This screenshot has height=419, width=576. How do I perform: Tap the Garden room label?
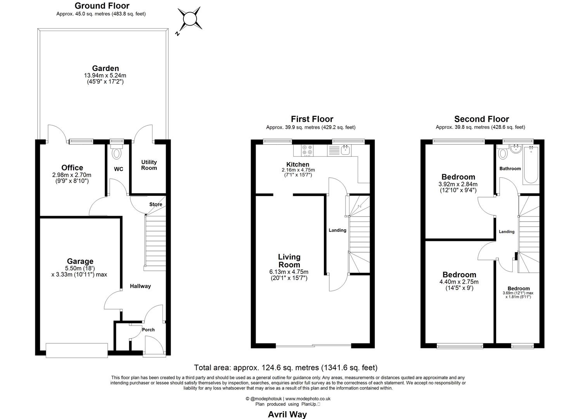(x=105, y=68)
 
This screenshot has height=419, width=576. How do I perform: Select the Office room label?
(x=72, y=168)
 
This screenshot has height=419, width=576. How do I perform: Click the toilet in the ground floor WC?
(x=116, y=153)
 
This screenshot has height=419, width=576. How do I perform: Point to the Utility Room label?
(x=149, y=165)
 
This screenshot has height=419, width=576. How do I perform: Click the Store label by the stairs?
(x=156, y=204)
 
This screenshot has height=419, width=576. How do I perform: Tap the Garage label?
(x=80, y=261)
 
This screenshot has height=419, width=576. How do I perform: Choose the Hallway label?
(x=140, y=286)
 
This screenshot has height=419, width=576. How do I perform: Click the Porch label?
(x=148, y=330)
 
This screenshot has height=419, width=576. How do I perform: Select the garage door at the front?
(x=76, y=350)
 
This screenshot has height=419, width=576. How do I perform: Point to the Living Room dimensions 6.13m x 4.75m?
(x=289, y=272)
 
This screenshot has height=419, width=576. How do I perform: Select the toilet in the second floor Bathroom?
(x=503, y=153)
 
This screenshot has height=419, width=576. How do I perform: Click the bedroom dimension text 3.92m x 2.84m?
(x=458, y=184)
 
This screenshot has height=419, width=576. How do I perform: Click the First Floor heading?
(x=312, y=119)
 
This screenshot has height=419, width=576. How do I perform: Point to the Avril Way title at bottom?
(x=287, y=414)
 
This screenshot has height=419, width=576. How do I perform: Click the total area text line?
(x=285, y=367)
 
